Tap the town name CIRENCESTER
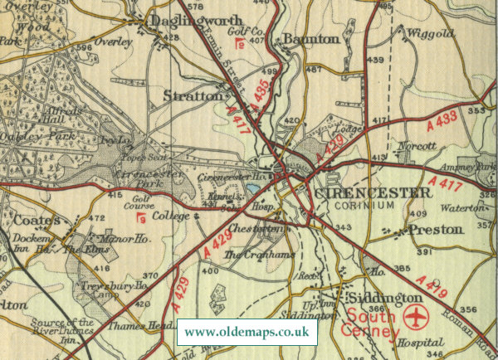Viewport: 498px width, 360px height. coord(373,192)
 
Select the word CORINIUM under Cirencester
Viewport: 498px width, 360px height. coord(373,205)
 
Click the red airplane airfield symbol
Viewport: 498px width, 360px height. coord(415,319)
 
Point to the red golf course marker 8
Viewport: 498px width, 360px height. coord(241,44)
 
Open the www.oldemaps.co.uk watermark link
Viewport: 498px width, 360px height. coord(248,332)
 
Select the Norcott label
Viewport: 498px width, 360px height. coord(417,146)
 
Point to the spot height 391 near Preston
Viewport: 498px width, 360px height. coord(425,251)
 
